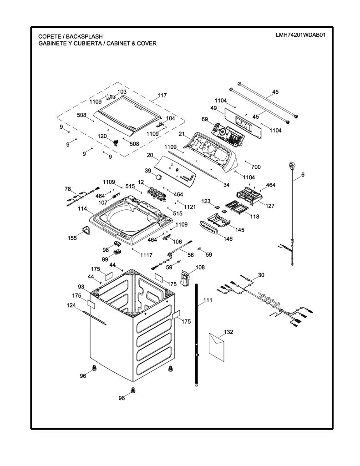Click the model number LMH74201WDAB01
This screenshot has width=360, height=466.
click(x=300, y=35)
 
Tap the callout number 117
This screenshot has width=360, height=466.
click(x=162, y=96)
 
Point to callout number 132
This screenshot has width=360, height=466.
click(x=228, y=332)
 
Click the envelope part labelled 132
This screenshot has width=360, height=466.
click(x=217, y=347)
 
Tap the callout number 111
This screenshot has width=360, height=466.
click(x=208, y=300)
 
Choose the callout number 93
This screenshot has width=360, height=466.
click(x=81, y=287)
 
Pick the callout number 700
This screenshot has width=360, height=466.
click(x=256, y=167)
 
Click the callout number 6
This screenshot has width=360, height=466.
click(x=303, y=175)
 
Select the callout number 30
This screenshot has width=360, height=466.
click(x=261, y=275)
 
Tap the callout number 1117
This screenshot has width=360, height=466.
click(x=146, y=255)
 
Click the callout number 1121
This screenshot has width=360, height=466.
click(x=190, y=207)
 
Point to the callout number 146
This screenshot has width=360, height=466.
click(x=228, y=238)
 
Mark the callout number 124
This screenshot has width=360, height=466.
click(x=71, y=305)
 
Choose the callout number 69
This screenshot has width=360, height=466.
click(x=204, y=119)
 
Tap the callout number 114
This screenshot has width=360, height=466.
click(x=82, y=209)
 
